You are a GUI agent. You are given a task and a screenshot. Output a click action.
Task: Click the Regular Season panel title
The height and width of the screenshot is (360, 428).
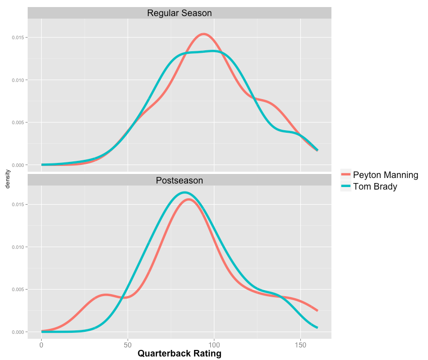[x=179, y=13]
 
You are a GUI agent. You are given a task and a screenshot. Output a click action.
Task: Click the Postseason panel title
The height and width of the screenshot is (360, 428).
[x=179, y=180]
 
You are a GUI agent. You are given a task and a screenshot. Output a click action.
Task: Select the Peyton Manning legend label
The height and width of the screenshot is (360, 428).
[x=385, y=175]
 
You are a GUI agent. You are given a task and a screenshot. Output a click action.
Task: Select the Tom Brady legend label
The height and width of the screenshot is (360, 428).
[x=375, y=187]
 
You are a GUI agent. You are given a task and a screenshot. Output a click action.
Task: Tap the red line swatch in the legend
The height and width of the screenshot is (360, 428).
[x=346, y=175]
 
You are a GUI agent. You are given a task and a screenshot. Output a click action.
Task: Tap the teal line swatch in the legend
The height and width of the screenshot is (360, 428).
[x=346, y=187]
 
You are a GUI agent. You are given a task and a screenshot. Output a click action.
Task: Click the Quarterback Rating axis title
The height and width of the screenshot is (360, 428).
[x=179, y=353]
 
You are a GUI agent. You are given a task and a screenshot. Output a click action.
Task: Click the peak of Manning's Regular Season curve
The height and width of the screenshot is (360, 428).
[x=203, y=34]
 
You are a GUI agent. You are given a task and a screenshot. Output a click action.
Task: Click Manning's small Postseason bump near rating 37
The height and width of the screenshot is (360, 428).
[x=106, y=295]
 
